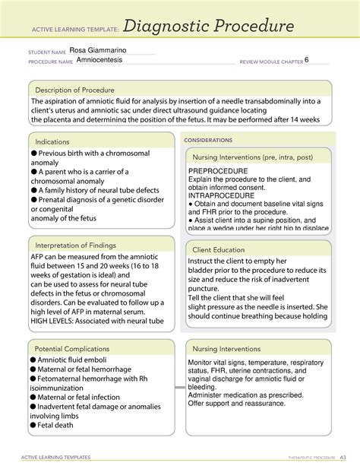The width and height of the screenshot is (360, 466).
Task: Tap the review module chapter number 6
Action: pyautogui.click(x=307, y=61)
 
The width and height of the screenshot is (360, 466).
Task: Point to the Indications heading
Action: pyautogui.click(x=57, y=141)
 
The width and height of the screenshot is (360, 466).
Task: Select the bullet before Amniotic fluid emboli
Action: pyautogui.click(x=34, y=359)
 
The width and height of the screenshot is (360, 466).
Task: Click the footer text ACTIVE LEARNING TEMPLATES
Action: pyautogui.click(x=59, y=457)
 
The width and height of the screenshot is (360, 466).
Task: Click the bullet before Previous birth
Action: pyautogui.click(x=34, y=154)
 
